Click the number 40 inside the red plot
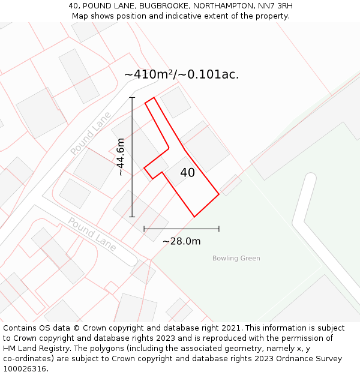[187, 173]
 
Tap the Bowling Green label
[236, 259]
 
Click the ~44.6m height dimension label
[121, 157]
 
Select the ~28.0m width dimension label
[181, 241]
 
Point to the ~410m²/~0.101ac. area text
[181, 74]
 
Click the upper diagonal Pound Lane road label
[91, 133]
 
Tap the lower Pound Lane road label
[92, 234]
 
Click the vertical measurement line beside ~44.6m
[132, 180]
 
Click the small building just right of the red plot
[230, 185]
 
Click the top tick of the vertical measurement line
[132, 97]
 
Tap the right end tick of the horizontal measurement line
[219, 229]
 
